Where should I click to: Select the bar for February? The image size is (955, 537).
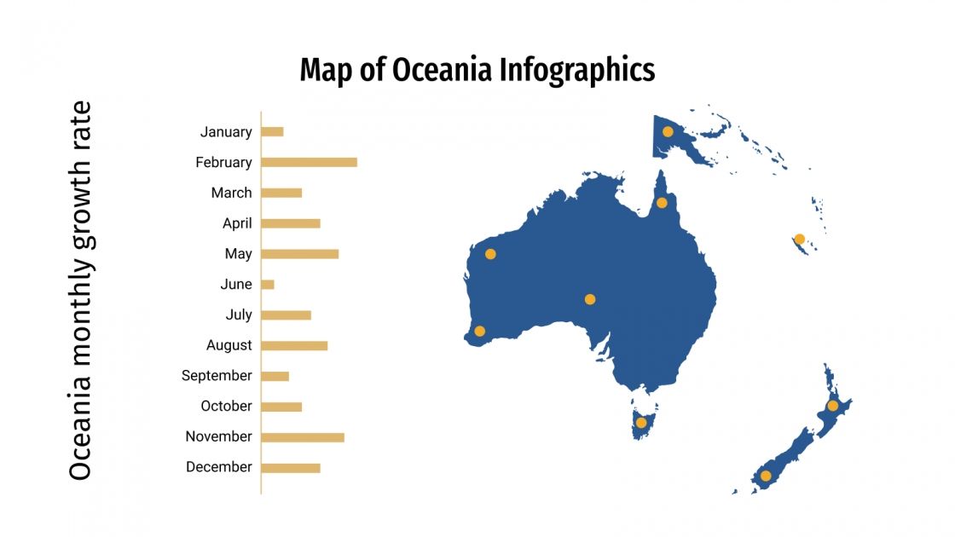(309, 162)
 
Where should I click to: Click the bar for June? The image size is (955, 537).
(268, 284)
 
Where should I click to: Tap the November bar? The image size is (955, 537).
(303, 437)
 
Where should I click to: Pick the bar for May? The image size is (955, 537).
(299, 254)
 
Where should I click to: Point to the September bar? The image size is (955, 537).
(275, 376)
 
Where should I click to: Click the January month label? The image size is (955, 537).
(226, 132)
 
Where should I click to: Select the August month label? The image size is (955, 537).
(229, 345)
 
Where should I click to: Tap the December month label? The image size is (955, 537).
(218, 467)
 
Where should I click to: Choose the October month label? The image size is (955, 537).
(226, 406)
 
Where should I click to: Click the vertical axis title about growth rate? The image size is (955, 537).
(80, 291)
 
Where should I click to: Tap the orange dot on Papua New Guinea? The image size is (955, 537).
(668, 131)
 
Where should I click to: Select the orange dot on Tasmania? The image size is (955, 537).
(641, 422)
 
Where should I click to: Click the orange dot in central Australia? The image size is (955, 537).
(589, 299)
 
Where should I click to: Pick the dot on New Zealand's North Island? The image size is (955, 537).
(832, 406)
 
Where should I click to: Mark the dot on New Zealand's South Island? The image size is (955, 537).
(766, 476)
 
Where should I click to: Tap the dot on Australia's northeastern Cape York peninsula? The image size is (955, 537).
(662, 203)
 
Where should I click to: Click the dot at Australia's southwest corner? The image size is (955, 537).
(479, 331)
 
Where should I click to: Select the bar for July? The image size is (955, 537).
(286, 315)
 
